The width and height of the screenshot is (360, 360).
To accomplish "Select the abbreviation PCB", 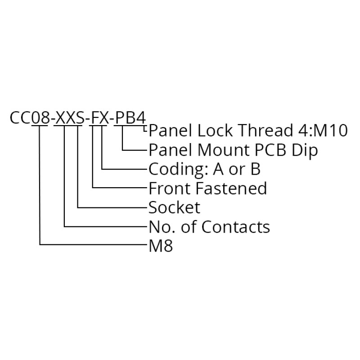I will point(268,150).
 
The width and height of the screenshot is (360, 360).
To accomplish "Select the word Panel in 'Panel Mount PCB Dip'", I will point(168,150).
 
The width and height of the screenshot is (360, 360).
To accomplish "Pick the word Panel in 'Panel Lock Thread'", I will point(168,131).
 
